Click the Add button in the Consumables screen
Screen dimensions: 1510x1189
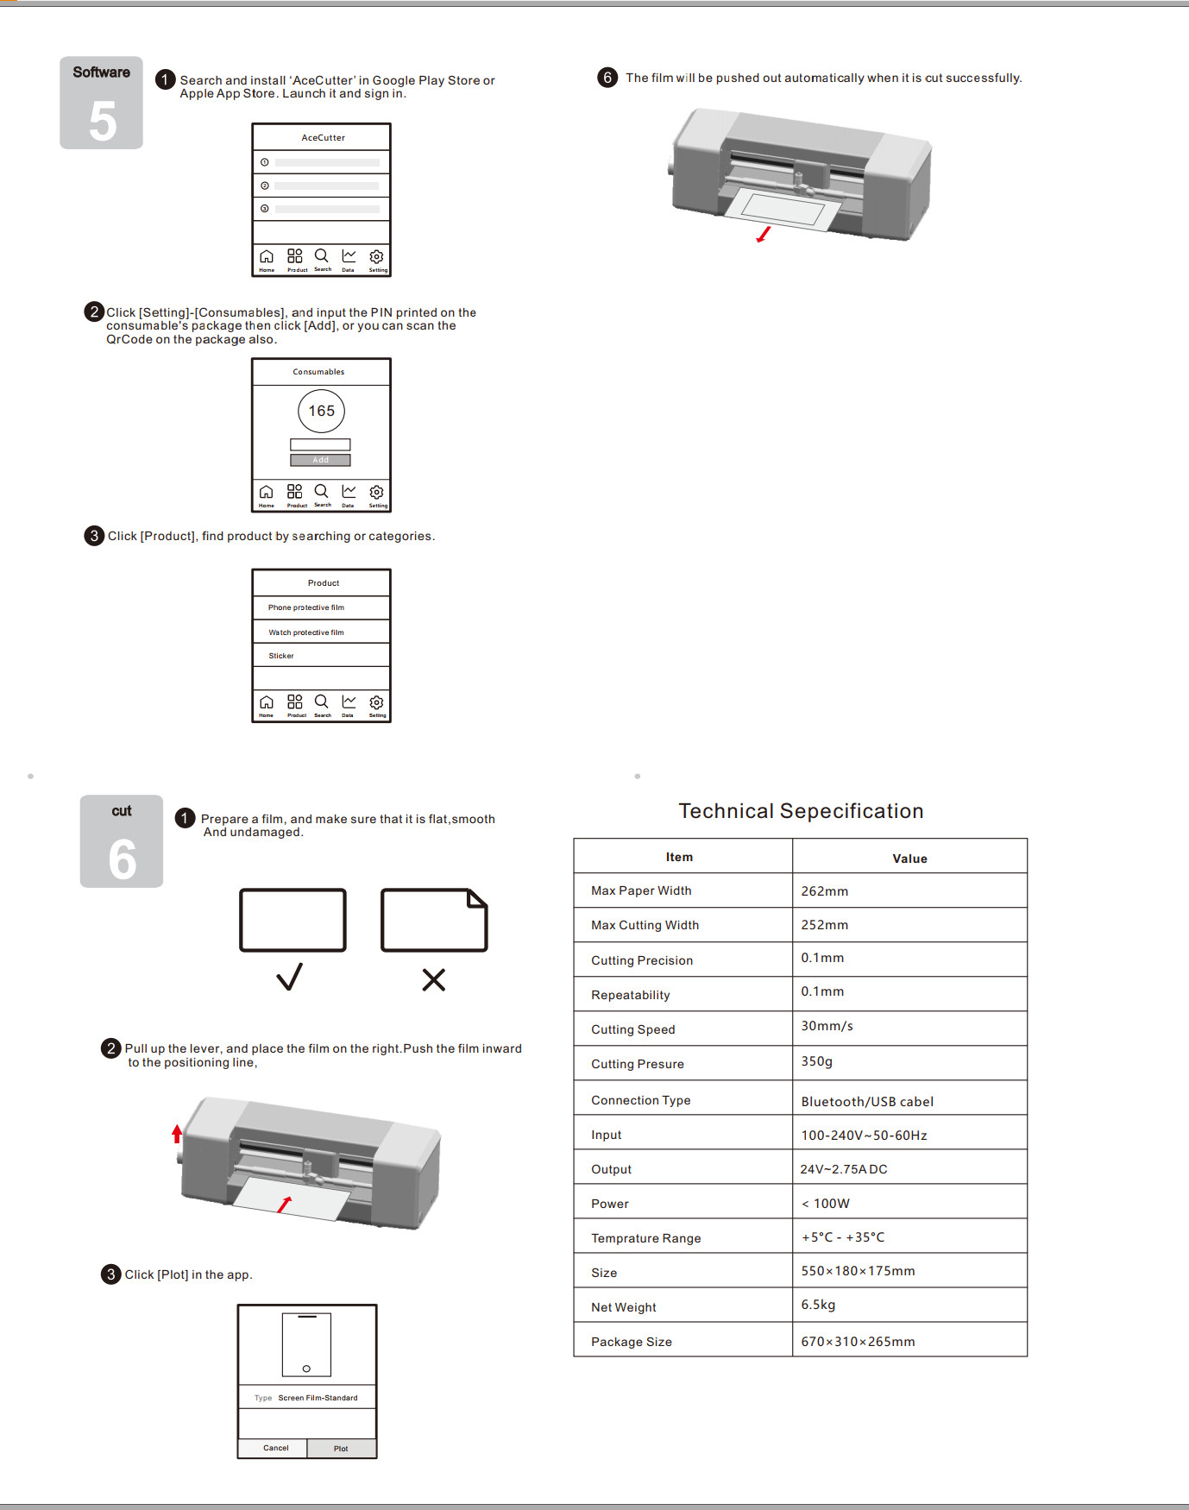320,460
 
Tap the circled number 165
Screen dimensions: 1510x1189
321,411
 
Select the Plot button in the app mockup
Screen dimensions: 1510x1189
341,1449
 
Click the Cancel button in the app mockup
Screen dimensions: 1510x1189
275,1448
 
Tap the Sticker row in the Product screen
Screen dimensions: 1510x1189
281,656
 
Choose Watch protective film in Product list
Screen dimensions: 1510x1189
305,632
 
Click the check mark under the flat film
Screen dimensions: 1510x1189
290,977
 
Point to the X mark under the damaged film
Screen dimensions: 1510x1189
433,979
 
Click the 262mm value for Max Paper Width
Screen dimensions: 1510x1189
824,891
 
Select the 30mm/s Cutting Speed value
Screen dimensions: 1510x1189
827,1026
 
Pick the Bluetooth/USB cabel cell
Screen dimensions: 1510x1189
866,1102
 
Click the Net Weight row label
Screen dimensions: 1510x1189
623,1307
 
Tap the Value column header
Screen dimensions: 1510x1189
909,859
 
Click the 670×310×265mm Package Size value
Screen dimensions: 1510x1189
858,1342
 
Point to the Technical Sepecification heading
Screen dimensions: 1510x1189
801,811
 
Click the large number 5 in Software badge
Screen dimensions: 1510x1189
102,121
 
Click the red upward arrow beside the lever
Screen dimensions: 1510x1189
177,1133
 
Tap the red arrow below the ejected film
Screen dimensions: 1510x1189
763,235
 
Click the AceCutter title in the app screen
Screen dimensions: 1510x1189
323,137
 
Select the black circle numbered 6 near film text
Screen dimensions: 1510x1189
607,78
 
